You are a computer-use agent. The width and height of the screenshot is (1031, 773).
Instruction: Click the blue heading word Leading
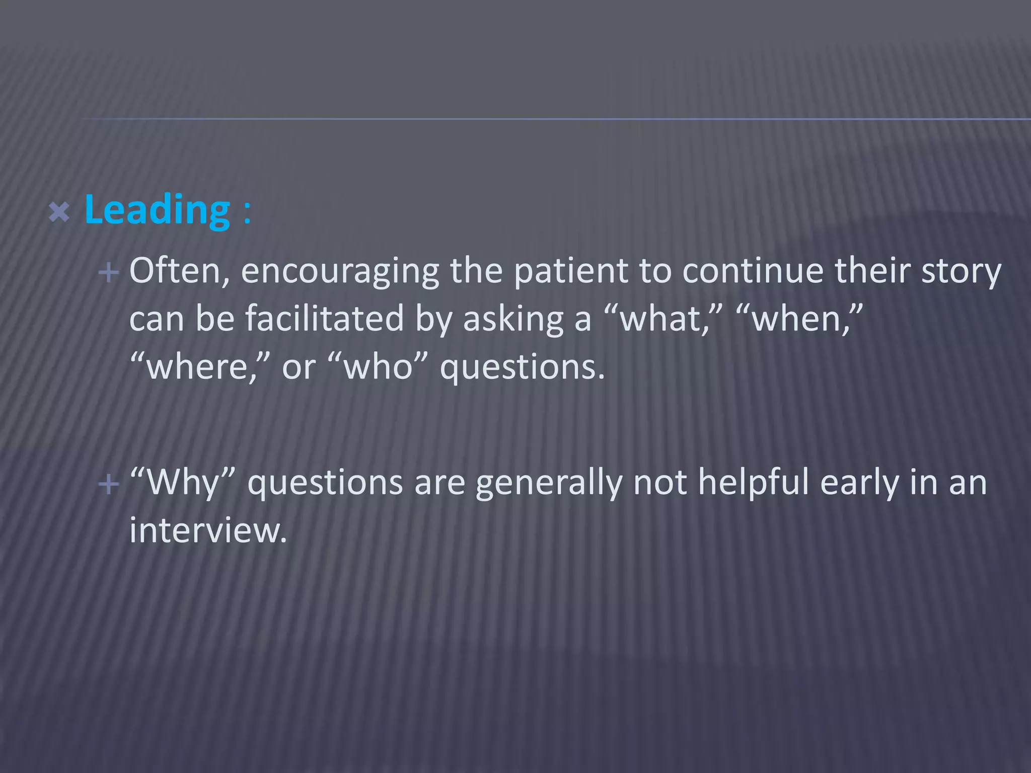[157, 210]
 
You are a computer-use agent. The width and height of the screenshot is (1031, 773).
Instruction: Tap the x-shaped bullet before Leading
[59, 212]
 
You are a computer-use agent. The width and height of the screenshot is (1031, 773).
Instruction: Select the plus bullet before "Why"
[109, 485]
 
